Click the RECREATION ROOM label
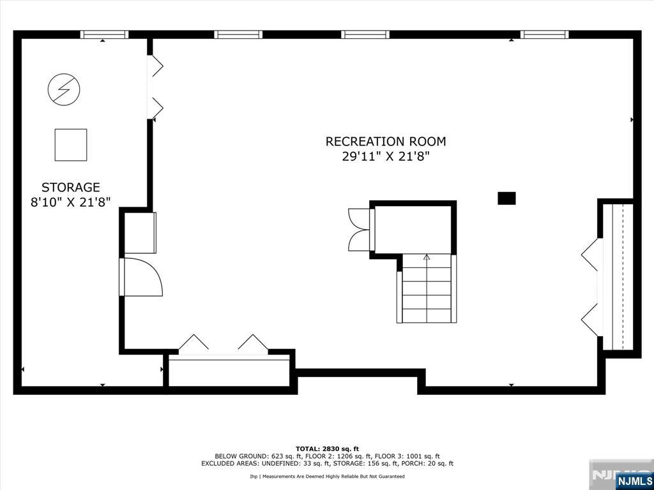point(385,142)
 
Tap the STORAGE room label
point(70,187)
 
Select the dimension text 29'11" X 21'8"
point(385,157)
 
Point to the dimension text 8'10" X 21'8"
point(70,202)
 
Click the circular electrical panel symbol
point(65,89)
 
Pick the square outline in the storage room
point(71,145)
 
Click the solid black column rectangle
point(506,198)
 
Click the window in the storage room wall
point(104,34)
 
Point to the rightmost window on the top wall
point(544,34)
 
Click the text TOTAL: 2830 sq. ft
point(327,449)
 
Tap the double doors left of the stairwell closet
point(360,230)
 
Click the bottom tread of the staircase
point(426,315)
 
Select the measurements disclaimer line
point(327,476)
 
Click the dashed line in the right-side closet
point(623,277)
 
